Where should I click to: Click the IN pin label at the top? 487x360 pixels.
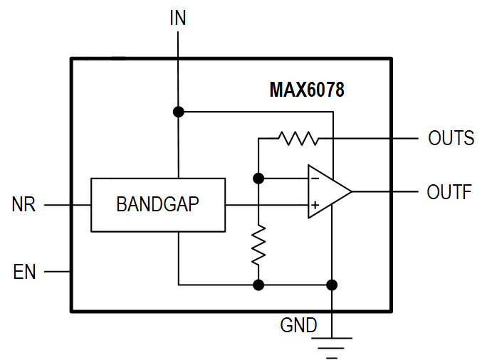click(x=177, y=18)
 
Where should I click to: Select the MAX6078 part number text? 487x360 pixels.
click(x=307, y=90)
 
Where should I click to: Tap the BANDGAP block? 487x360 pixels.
click(x=157, y=205)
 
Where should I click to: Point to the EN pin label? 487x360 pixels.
click(x=24, y=271)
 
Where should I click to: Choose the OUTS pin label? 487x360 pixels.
click(x=451, y=138)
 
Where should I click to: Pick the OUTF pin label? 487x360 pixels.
click(x=449, y=192)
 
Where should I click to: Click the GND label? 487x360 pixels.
click(x=298, y=326)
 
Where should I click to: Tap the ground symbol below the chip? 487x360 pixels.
click(x=332, y=344)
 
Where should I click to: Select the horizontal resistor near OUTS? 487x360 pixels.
click(x=299, y=138)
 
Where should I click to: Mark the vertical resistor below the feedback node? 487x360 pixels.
click(x=259, y=245)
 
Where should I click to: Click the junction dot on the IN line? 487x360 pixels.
click(x=178, y=112)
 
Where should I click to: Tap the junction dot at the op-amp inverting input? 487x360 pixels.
click(x=259, y=178)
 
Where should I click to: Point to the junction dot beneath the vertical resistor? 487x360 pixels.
click(x=259, y=285)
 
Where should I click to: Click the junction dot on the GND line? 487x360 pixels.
click(x=332, y=285)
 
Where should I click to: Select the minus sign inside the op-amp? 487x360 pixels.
click(x=314, y=179)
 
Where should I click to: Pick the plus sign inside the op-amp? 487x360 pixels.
click(x=314, y=205)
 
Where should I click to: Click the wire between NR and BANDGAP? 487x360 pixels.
click(x=68, y=205)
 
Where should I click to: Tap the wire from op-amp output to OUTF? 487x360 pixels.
click(x=384, y=192)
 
